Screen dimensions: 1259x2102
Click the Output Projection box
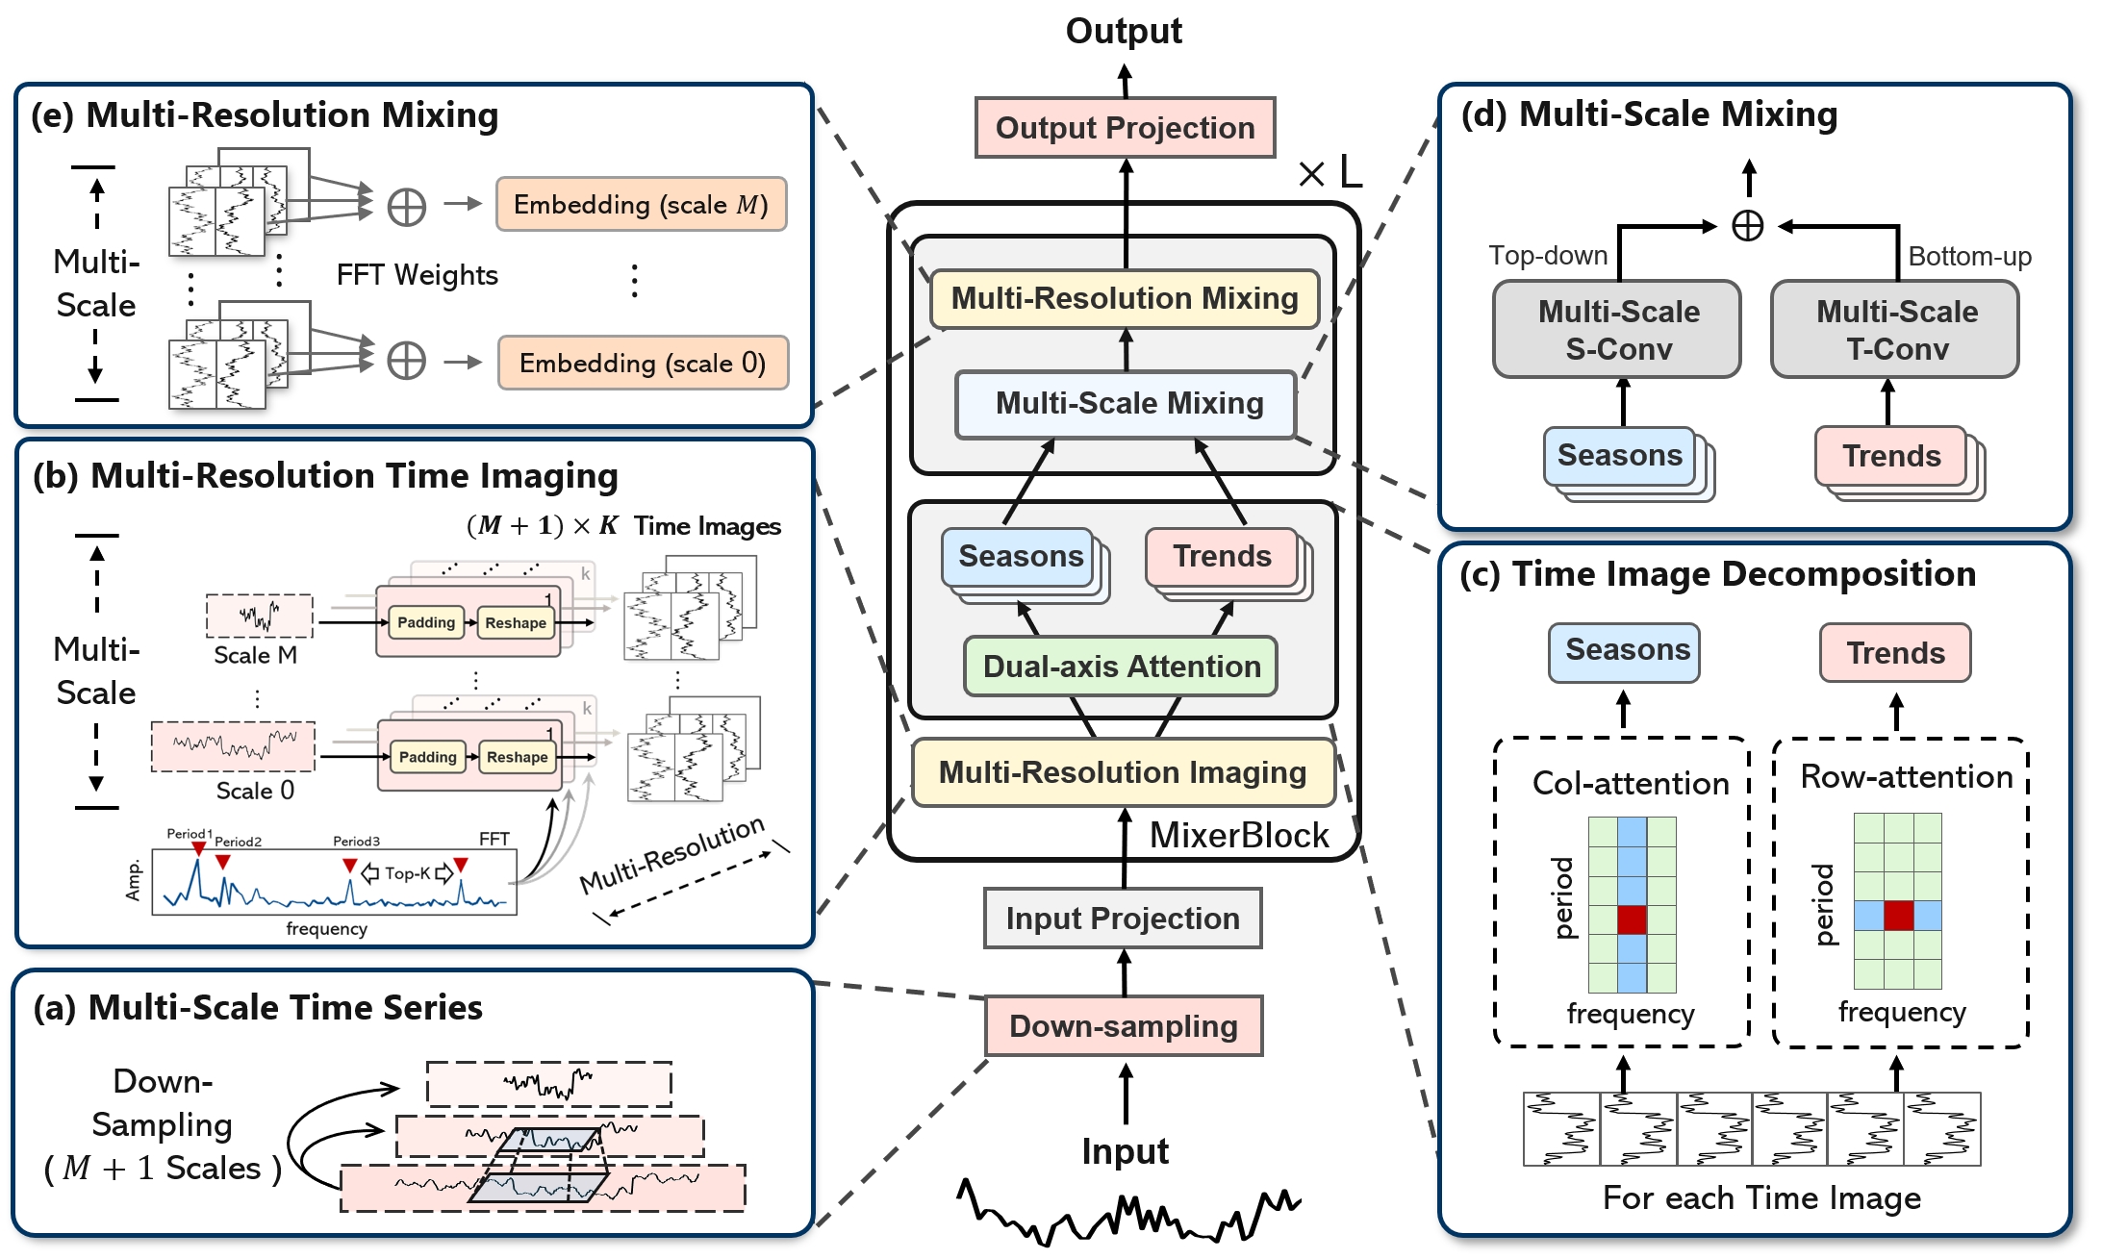(1125, 127)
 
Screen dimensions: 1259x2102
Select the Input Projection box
(1123, 919)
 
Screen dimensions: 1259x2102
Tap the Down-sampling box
(1124, 1026)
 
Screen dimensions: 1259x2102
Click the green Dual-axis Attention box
(1121, 666)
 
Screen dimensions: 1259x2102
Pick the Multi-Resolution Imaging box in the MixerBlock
(1123, 772)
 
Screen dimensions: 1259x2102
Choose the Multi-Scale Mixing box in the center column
(1127, 403)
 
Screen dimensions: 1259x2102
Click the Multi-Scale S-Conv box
(1618, 329)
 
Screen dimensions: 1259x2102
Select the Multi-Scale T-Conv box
(1896, 329)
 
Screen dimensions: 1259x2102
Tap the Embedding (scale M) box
(641, 204)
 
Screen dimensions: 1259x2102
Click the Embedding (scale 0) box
(643, 363)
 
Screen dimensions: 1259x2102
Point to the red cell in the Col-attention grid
(1632, 919)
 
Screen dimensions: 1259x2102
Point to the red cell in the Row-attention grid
(1898, 916)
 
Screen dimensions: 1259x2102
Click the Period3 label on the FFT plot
(356, 842)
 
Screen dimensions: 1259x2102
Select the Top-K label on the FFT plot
(407, 873)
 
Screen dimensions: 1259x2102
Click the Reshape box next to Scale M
(516, 623)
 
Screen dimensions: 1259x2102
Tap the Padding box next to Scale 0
(428, 757)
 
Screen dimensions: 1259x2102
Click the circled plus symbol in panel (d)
(1747, 226)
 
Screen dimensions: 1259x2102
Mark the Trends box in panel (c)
(1895, 653)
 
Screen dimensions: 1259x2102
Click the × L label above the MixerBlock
(1330, 173)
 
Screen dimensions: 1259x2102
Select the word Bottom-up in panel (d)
(1969, 257)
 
